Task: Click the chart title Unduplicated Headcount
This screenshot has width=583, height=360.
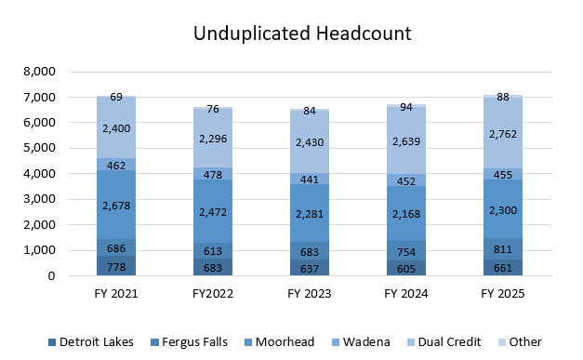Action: [x=302, y=33]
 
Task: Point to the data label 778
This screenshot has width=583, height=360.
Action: [x=115, y=267]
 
